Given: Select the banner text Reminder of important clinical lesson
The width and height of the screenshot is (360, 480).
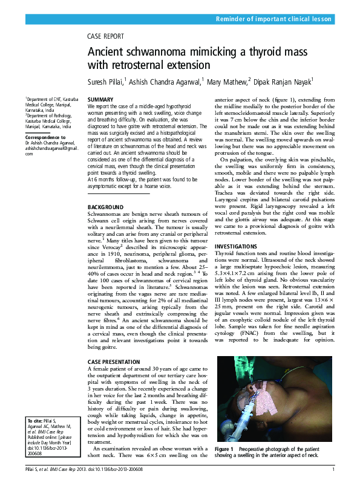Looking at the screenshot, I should point(273,19).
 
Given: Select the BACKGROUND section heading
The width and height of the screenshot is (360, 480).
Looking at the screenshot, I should point(106,207).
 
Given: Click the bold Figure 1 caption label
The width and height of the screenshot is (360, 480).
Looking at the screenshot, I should point(224,450).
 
